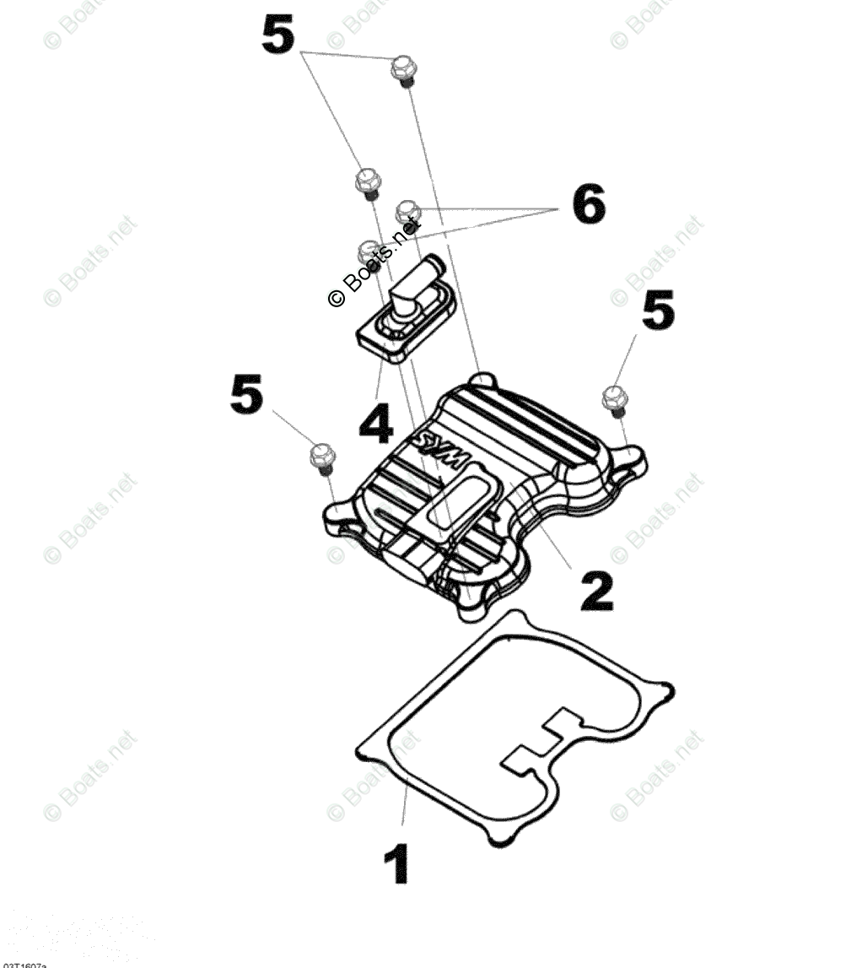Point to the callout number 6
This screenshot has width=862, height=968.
(587, 205)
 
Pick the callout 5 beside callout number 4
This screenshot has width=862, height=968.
(246, 396)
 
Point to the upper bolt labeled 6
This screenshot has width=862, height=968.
(408, 208)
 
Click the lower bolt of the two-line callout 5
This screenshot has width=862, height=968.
(366, 181)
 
